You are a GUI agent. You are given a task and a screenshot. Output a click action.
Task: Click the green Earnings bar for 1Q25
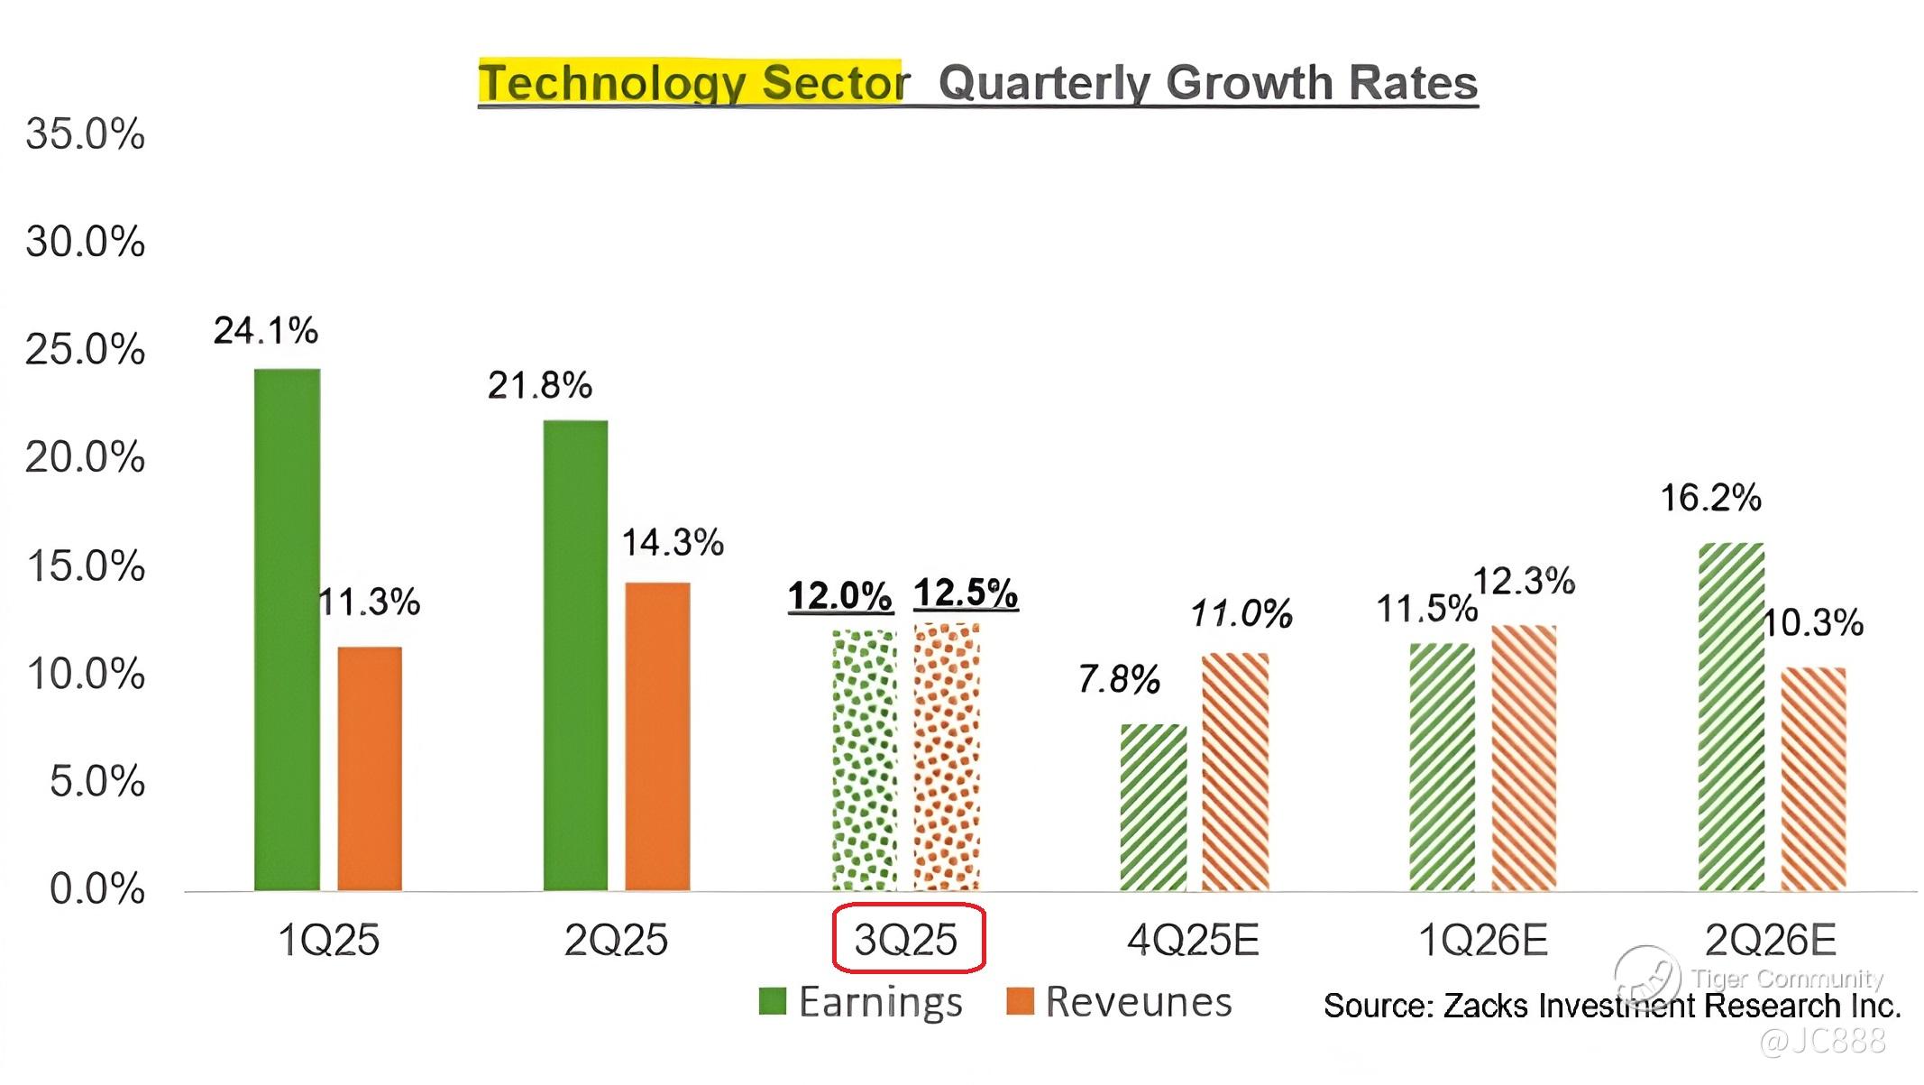[x=287, y=630]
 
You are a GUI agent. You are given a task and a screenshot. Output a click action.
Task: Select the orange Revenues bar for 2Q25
[x=657, y=736]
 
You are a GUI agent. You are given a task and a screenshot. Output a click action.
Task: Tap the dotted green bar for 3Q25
[x=864, y=760]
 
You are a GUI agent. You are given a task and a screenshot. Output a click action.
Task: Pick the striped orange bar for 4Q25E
[x=1235, y=772]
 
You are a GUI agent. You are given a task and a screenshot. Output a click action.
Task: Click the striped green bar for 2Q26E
[x=1731, y=717]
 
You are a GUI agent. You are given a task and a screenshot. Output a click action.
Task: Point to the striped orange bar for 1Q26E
[x=1524, y=758]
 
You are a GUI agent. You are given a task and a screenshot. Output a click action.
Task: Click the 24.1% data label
[x=265, y=331]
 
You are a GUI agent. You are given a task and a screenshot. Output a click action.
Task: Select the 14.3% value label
[x=673, y=543]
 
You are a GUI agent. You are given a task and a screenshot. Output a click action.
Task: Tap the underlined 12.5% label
[x=966, y=593]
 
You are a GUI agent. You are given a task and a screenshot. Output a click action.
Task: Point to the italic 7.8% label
[x=1119, y=679]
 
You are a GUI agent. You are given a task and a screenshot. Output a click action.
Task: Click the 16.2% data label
[x=1710, y=498]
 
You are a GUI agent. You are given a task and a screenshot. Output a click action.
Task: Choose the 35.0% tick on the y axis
[x=85, y=134]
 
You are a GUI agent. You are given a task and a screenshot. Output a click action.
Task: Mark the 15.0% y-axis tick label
[x=85, y=566]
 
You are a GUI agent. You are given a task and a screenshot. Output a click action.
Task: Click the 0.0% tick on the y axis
[x=96, y=889]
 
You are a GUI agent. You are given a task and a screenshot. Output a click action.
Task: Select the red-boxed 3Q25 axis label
[x=906, y=940]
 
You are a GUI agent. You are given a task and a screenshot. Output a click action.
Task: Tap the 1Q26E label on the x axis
[x=1482, y=940]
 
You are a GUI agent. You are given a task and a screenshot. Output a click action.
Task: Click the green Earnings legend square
[x=773, y=1001]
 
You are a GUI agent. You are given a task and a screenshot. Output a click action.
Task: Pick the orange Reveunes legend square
[x=1020, y=1001]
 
